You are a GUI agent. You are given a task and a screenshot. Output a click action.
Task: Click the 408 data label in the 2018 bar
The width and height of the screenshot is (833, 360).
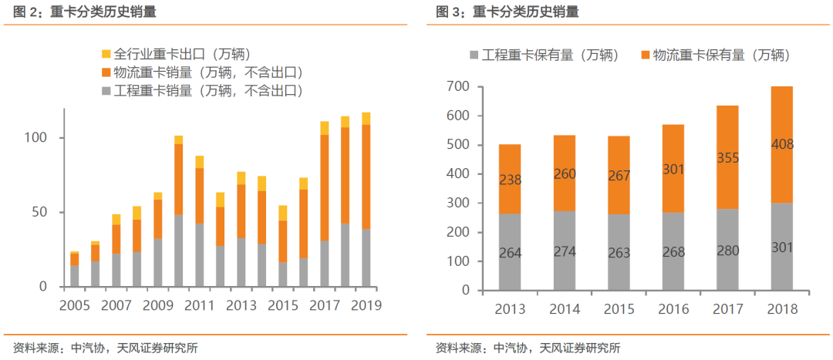pyautogui.click(x=781, y=144)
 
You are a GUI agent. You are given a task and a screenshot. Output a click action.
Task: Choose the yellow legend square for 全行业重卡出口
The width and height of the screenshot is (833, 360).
pyautogui.click(x=106, y=55)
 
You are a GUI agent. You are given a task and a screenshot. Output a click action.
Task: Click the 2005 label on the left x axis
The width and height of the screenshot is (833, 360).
pyautogui.click(x=74, y=304)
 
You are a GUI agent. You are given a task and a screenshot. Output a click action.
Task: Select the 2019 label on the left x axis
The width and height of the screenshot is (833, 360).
pyautogui.click(x=366, y=304)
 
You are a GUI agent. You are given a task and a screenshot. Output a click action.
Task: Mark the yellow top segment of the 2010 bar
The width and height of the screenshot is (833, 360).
pyautogui.click(x=179, y=140)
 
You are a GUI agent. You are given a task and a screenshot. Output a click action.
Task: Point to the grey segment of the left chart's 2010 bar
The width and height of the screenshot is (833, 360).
pyautogui.click(x=179, y=251)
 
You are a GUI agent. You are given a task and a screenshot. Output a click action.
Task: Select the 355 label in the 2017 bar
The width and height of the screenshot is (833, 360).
pyautogui.click(x=728, y=158)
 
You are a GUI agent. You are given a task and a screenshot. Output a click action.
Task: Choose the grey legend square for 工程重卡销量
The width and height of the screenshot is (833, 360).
pyautogui.click(x=106, y=91)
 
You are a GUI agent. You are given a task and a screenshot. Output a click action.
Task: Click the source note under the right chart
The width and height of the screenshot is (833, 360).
pyautogui.click(x=528, y=348)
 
